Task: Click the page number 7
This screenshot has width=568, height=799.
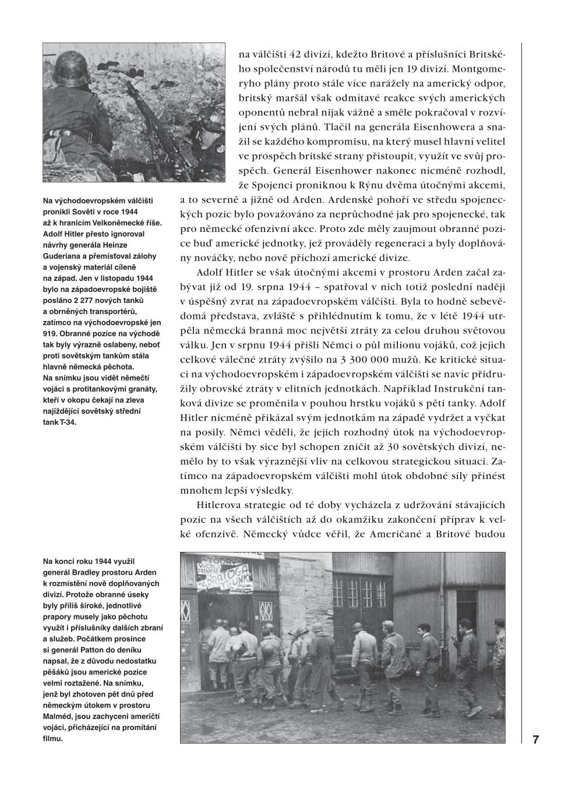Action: click(x=535, y=740)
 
